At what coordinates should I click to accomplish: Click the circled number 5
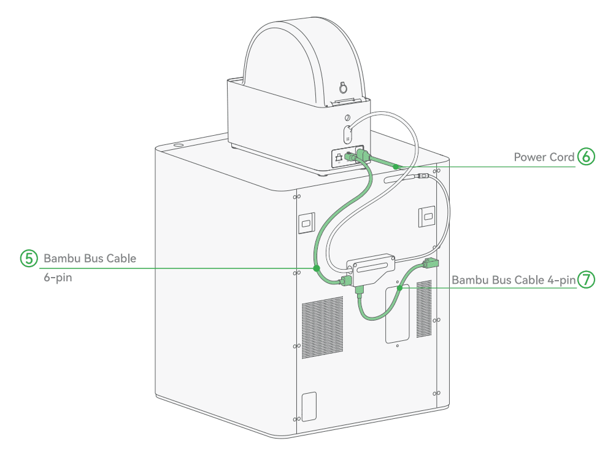point(29,259)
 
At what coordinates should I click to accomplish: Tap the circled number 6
point(586,157)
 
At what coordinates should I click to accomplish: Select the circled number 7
point(586,279)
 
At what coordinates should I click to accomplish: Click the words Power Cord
point(544,157)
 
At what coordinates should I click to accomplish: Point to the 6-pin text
point(58,278)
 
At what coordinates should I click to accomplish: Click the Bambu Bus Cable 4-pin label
point(514,280)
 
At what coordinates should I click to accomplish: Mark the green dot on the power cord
point(396,166)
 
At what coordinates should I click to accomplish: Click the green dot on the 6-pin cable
point(316,268)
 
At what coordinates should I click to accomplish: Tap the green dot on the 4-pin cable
point(399,288)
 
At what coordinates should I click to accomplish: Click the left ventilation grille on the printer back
point(322,327)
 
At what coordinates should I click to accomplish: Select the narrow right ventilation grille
point(424,309)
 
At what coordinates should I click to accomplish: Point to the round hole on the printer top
point(178,146)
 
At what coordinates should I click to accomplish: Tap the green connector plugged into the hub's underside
point(360,290)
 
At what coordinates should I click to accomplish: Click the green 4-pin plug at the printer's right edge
point(430,264)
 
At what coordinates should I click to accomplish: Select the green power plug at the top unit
point(363,155)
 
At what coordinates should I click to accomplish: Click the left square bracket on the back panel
point(306,223)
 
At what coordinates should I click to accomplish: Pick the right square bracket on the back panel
point(427,216)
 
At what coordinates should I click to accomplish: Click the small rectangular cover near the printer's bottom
point(309,407)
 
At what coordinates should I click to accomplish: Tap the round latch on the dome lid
point(344,88)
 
